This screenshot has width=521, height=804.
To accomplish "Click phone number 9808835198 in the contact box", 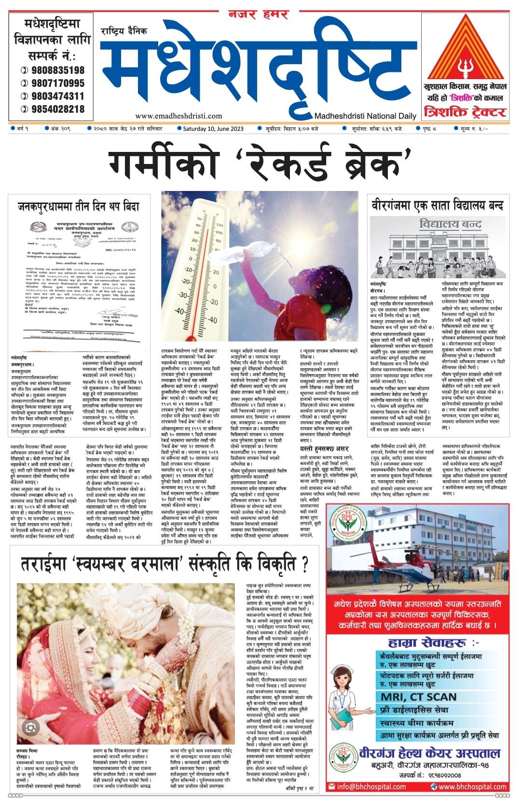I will point(57,70).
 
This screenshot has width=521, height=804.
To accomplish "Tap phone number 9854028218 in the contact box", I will point(57,109).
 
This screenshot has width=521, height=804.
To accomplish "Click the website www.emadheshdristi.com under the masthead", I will point(178,116).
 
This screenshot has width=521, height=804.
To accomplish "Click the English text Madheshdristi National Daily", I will point(365,116).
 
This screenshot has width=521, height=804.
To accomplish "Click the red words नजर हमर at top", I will point(258,14).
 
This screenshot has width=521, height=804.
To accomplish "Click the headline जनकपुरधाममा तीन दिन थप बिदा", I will point(79,206).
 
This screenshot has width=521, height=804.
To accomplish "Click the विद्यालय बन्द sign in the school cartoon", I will point(451,224).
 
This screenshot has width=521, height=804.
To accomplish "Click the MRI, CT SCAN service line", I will point(418,696).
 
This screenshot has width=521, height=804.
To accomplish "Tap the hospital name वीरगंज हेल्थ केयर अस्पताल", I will point(429,753).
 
